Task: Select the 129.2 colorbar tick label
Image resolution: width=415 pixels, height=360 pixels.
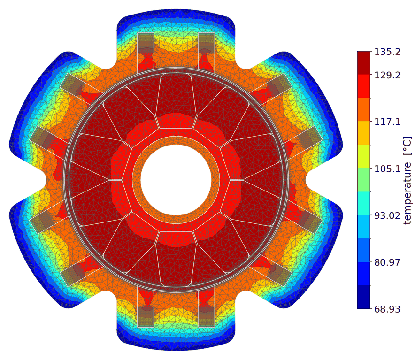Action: [x=387, y=75]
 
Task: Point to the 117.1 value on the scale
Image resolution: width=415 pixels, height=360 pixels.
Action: [x=387, y=122]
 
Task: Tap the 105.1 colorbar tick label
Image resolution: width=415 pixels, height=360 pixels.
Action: [x=387, y=169]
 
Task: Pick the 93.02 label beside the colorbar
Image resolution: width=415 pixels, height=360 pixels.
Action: [x=387, y=215]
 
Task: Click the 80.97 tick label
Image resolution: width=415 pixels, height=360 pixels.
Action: [x=387, y=262]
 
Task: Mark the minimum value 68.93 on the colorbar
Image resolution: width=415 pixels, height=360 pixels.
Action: [x=387, y=309]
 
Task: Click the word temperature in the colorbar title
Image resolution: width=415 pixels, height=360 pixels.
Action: [x=408, y=193]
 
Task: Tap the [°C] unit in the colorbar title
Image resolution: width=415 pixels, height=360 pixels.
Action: [x=408, y=146]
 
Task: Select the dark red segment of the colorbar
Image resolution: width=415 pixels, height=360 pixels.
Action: [x=364, y=63]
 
